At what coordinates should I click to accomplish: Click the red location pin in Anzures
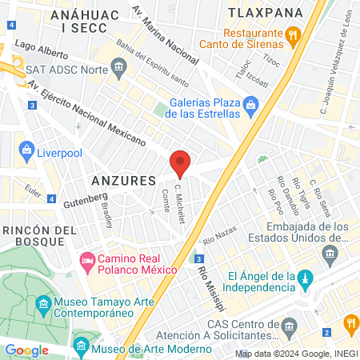pos(180,163)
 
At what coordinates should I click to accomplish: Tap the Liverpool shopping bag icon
pos(26,149)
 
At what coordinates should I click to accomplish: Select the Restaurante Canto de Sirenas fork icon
pos(293,34)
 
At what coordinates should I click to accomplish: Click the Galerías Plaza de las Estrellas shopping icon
pos(251,104)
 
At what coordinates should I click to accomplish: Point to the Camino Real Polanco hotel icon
pos(86,261)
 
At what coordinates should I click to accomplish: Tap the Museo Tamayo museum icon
pos(43,304)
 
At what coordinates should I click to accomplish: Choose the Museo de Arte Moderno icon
pos(80,346)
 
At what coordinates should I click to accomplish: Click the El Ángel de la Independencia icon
pos(303,278)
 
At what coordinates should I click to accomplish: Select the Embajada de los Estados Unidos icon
pos(329,254)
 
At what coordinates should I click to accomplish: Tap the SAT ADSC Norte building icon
pos(120,65)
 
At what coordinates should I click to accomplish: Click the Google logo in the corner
pos(26,350)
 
